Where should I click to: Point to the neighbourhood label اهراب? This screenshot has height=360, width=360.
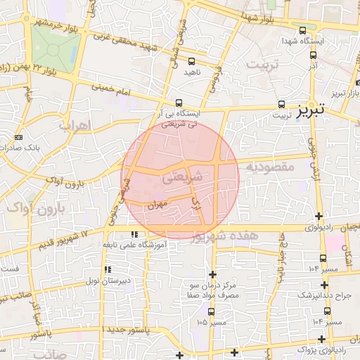tap(72, 126)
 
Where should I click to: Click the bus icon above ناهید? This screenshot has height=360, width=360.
tap(191, 61)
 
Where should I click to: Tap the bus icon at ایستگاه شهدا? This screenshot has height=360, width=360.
tap(302, 30)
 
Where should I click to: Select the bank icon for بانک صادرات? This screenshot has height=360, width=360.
tap(18, 137)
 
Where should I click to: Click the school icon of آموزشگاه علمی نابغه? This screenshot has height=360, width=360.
tap(133, 234)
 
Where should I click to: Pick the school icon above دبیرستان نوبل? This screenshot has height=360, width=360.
tap(107, 269)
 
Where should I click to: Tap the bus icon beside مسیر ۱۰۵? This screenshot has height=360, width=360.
tap(210, 311)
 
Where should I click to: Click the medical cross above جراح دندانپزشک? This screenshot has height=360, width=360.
tap(324, 285)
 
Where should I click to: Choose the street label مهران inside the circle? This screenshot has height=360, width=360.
tap(156, 204)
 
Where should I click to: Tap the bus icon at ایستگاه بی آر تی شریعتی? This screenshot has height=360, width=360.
tap(179, 102)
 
